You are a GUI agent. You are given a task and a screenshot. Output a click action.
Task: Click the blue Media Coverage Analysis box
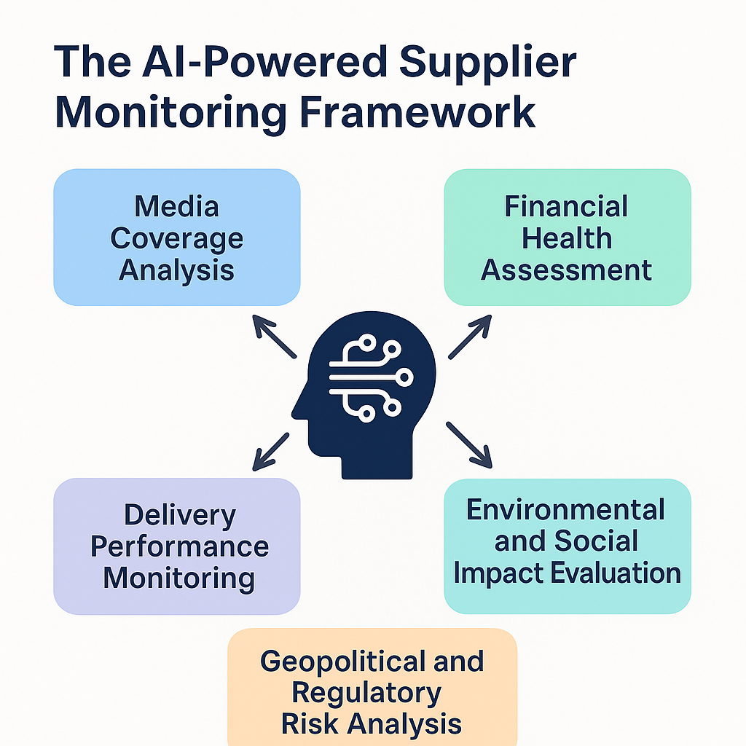coord(176,237)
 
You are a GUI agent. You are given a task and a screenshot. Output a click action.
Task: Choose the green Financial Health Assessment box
coord(567,237)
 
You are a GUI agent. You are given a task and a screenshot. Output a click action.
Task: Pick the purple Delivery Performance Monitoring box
coord(176,546)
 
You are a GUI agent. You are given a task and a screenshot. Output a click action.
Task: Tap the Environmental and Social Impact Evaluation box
coord(567,546)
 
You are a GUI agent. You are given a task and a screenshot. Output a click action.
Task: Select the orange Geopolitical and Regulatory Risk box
coord(372,688)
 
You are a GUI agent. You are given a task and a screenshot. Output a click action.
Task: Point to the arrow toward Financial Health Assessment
coord(469,337)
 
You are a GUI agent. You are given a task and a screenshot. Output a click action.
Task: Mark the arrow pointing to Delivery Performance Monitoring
coord(271,451)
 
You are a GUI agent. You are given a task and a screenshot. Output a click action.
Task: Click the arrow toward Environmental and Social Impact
coord(469,444)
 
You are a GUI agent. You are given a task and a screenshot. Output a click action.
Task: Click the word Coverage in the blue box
coord(176,238)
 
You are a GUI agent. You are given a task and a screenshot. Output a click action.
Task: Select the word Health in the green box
coord(567,238)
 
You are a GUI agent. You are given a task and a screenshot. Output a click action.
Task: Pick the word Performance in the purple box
coord(179,547)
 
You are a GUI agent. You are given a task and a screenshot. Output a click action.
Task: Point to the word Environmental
coord(565,509)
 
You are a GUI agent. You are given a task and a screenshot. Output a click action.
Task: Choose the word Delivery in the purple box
coord(180,515)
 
